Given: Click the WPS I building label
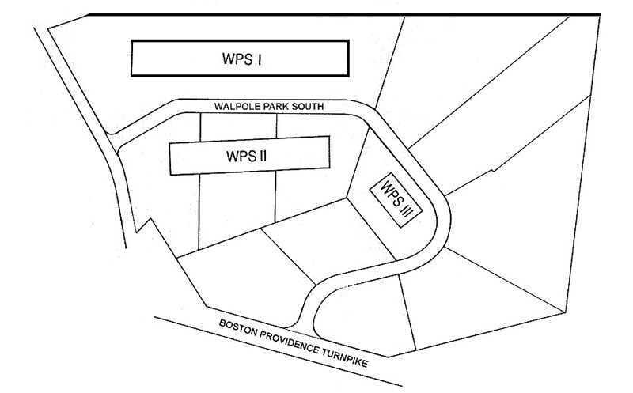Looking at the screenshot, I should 242,59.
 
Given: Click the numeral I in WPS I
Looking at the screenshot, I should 260,59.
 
